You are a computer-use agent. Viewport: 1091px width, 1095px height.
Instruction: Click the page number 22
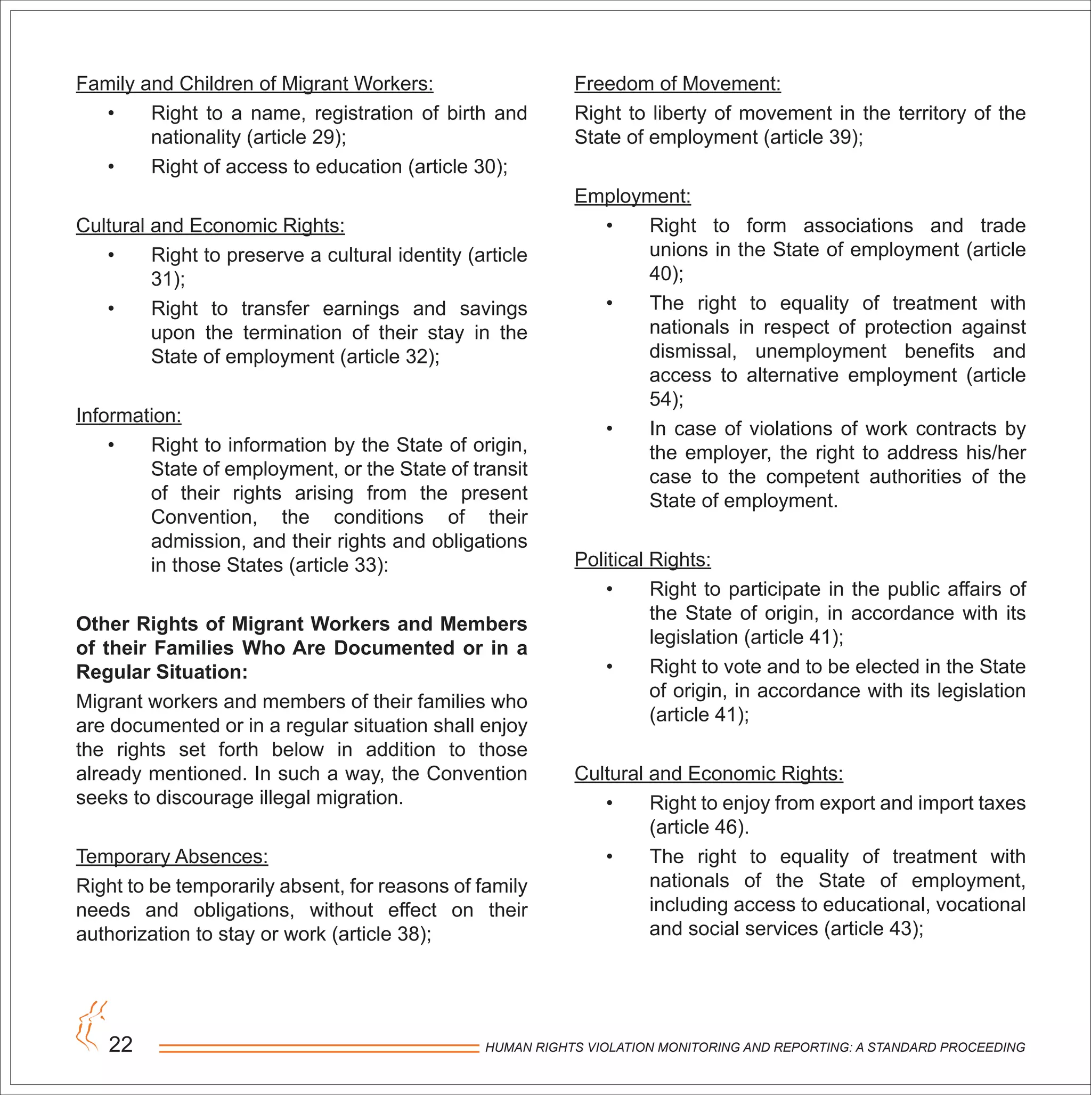121,1044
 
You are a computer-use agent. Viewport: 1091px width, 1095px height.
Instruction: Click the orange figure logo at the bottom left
90,1026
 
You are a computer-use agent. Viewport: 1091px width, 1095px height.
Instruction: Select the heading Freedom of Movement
677,83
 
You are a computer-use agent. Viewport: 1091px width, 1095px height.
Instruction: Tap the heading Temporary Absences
172,856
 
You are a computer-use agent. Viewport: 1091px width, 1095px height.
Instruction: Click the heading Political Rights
642,559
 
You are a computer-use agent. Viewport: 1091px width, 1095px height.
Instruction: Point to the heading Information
129,416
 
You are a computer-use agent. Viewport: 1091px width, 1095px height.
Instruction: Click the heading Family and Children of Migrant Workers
255,83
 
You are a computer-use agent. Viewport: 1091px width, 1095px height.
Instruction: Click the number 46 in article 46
726,827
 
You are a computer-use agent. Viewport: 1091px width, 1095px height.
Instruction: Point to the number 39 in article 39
840,137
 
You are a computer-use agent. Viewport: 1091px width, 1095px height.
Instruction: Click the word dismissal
692,351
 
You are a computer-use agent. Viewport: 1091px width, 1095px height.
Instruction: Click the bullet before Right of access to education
111,167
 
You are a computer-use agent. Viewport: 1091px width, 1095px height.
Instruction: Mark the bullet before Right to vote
609,667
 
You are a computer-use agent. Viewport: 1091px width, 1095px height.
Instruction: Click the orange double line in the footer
319,1049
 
